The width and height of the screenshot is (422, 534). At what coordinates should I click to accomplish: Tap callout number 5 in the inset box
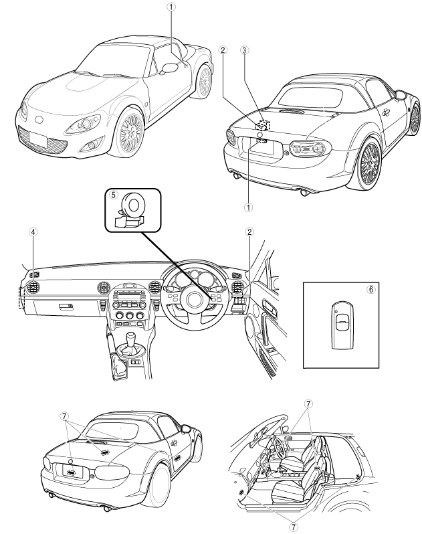114,196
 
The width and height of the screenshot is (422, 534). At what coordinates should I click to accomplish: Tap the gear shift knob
130,333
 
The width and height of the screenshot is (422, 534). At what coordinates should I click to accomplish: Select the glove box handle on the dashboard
66,306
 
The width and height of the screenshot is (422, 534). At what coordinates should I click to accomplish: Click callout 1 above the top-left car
172,7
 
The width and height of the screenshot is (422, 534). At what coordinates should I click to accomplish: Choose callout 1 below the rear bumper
249,207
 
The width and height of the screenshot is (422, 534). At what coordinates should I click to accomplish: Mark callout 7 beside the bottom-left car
65,415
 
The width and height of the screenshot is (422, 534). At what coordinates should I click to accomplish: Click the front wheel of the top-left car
127,132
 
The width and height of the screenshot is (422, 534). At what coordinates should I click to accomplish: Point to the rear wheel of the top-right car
370,163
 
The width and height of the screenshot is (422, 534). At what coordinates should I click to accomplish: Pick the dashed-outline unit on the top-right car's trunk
262,124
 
